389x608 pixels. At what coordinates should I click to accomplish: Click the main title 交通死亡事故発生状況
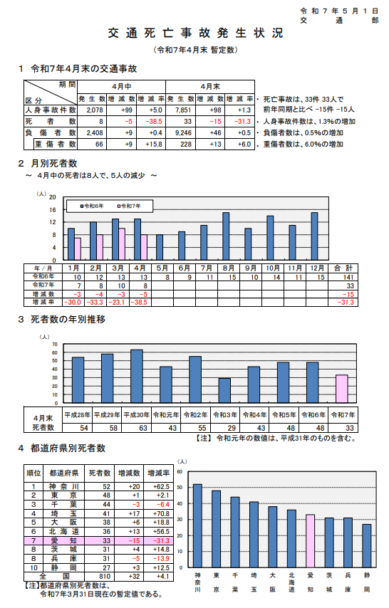coord(194,34)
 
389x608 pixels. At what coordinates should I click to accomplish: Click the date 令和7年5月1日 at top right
coord(341,12)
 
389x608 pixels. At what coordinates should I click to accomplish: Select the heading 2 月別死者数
coord(48,164)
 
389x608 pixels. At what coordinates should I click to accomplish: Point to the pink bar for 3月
coord(121,244)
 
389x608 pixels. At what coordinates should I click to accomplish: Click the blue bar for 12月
coord(314,236)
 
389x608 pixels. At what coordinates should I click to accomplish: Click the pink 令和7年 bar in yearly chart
coord(342,388)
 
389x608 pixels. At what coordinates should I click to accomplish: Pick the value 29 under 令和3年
coord(224,426)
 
